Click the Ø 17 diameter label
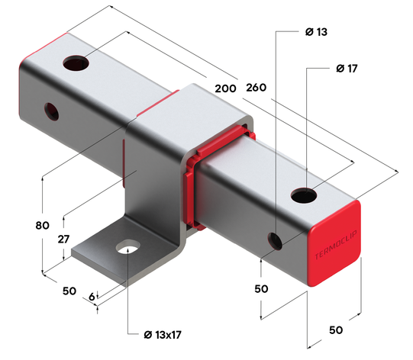(346, 69)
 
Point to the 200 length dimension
(225, 88)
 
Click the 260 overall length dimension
(257, 88)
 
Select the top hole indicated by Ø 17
(304, 196)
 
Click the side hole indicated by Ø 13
(276, 240)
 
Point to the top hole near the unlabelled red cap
(75, 62)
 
